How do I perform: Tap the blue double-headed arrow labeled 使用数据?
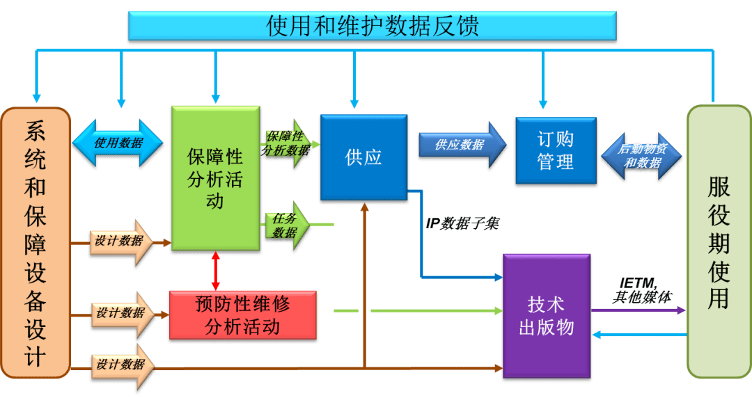118,143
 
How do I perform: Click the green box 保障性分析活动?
215,178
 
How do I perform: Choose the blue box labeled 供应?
363,158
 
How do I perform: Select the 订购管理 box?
555,151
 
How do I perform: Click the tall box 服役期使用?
719,241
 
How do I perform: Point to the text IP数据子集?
462,223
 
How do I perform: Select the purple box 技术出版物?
546,316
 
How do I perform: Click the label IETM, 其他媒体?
641,290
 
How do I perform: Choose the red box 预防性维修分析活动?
242,315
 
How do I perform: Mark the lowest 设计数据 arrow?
123,365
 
